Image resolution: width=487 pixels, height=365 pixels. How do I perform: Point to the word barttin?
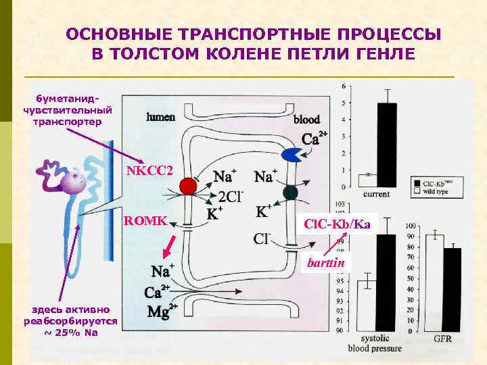click(325, 262)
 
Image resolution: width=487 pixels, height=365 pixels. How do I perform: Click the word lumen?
click(161, 116)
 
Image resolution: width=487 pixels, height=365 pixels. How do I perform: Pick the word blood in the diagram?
click(306, 120)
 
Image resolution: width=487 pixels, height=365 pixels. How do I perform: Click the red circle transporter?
click(189, 186)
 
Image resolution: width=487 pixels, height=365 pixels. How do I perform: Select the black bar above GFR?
click(451, 289)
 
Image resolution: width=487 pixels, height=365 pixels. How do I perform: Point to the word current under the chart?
click(376, 194)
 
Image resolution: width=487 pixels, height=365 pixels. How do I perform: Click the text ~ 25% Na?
click(70, 332)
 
